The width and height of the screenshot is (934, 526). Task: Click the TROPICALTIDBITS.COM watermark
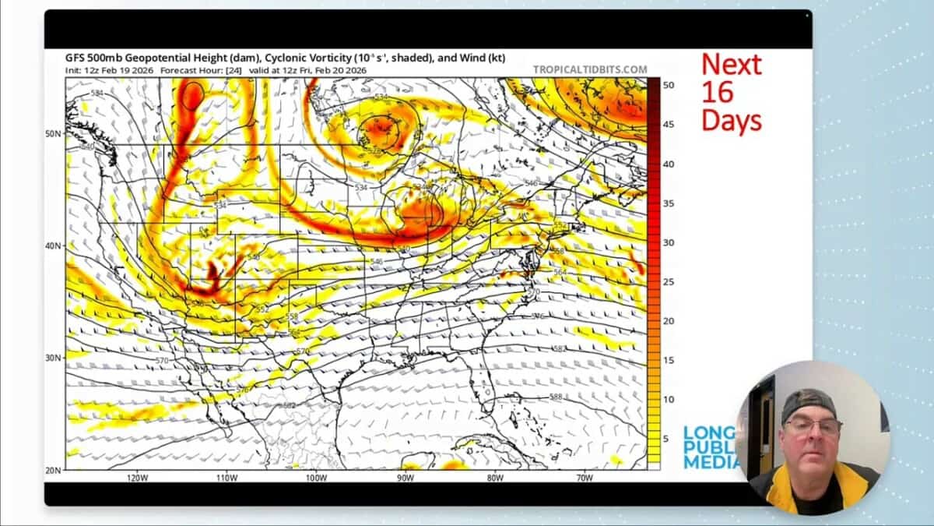(589, 69)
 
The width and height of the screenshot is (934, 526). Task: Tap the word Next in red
(731, 64)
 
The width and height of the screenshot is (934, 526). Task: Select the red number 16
(717, 92)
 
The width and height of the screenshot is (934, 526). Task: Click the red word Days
(731, 120)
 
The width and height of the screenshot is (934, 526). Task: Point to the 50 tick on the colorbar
(668, 84)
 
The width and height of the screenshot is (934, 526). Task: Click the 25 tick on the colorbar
(668, 281)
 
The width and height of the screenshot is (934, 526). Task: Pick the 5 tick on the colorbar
(666, 439)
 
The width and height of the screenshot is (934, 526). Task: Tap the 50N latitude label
(53, 134)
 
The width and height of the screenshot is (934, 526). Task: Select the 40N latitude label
(53, 246)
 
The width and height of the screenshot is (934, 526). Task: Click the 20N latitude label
(53, 470)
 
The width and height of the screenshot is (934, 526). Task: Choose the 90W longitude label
(405, 478)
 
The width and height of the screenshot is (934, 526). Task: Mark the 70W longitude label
(584, 478)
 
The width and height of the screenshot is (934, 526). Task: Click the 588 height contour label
(556, 397)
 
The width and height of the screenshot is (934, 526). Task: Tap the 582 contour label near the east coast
(559, 348)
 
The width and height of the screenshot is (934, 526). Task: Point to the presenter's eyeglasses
(813, 426)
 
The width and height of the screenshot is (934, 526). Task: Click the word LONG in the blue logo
(708, 432)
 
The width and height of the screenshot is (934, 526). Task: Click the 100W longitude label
(315, 478)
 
